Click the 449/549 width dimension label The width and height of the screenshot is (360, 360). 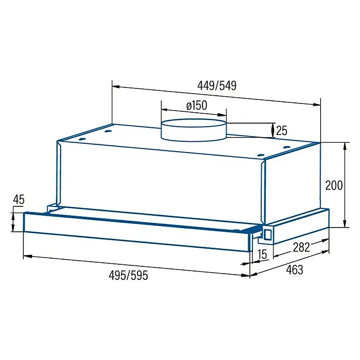[217, 86]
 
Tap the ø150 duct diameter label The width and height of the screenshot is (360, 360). [197, 106]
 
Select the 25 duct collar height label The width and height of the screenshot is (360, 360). [282, 131]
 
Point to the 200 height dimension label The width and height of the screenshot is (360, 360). [334, 185]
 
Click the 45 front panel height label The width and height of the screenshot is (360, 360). [19, 200]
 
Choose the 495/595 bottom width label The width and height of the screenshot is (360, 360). [128, 275]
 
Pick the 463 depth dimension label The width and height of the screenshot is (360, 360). [294, 269]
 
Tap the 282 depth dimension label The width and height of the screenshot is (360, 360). [302, 247]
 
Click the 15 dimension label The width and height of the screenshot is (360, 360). [262, 254]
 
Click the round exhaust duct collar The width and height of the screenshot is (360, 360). [194, 130]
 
